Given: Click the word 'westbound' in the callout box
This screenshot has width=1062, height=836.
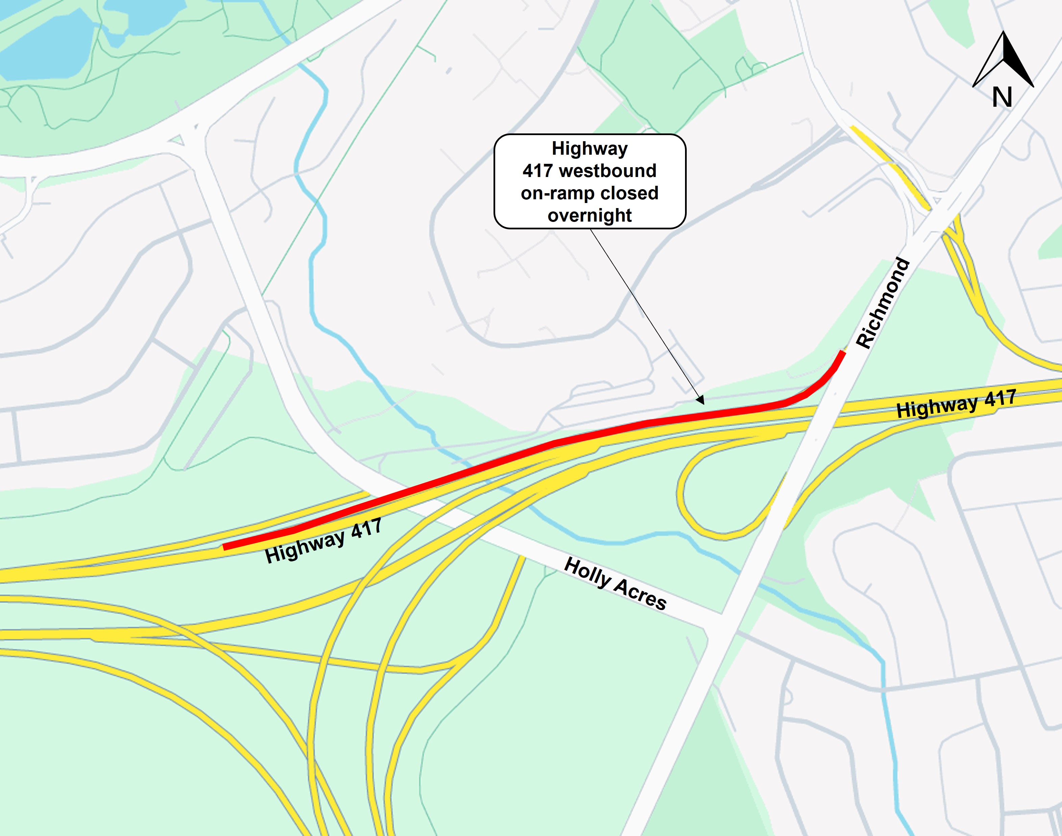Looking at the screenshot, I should point(607,171).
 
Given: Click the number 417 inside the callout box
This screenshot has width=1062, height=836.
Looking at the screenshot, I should point(538,171).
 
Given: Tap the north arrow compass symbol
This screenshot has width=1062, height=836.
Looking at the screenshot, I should point(1003,61).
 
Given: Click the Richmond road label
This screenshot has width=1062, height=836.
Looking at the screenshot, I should point(882,303).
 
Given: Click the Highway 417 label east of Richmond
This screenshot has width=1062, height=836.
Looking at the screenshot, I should point(956,403).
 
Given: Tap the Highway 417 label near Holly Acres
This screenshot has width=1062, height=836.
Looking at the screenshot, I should point(323,541).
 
